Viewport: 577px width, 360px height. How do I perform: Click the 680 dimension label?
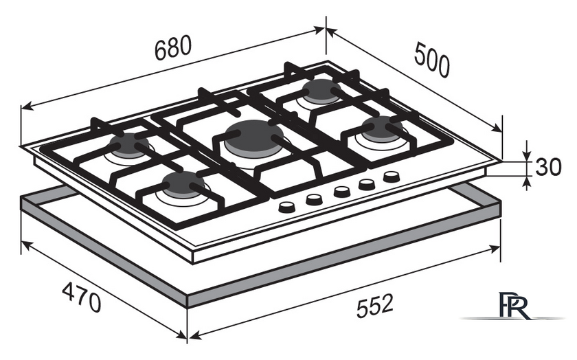pyautogui.click(x=173, y=47)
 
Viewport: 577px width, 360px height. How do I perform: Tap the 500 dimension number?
pyautogui.click(x=432, y=60)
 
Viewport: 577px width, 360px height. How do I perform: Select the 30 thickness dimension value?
pyautogui.click(x=548, y=167)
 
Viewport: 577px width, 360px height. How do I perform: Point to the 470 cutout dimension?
pyautogui.click(x=81, y=297)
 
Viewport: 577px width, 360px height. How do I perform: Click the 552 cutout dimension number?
pyautogui.click(x=375, y=305)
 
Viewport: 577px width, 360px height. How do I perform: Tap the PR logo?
pyautogui.click(x=514, y=305)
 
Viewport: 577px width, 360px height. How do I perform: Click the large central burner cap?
pyautogui.click(x=254, y=137)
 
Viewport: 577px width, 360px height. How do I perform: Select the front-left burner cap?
pyautogui.click(x=183, y=183)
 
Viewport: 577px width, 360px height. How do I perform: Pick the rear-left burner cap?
pyautogui.click(x=129, y=145)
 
